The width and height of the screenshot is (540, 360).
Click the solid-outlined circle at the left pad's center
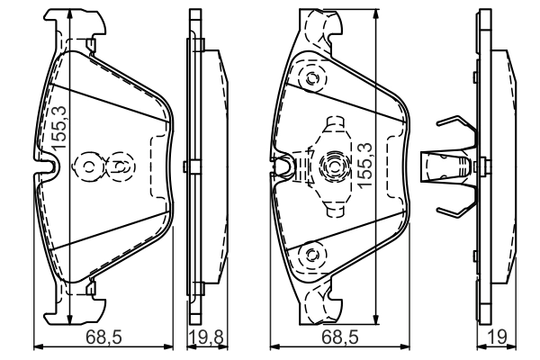[x=91, y=166]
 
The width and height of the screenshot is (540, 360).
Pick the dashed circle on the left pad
[x=119, y=166]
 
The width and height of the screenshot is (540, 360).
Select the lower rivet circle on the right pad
[x=312, y=254]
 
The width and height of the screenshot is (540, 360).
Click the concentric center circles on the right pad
[x=332, y=166]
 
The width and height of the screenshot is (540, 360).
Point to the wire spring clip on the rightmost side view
[x=454, y=166]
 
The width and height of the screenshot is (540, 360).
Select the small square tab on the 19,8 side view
[x=185, y=166]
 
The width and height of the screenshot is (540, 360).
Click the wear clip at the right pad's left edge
[x=283, y=166]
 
